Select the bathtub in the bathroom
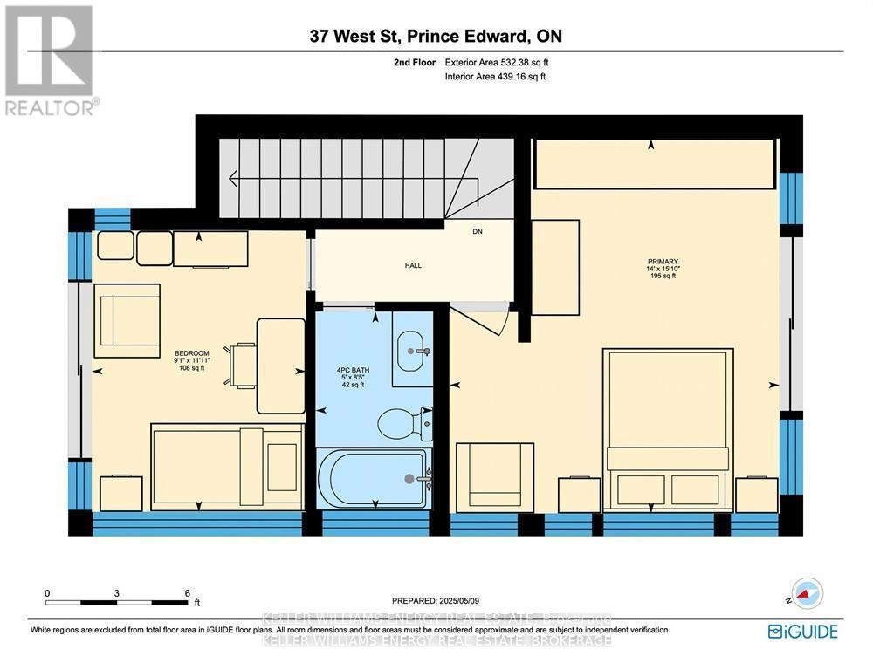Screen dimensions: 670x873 coord(375,478)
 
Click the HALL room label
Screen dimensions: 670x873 coord(413,265)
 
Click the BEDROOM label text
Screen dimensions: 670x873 coord(191,353)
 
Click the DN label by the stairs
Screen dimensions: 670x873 coord(478,232)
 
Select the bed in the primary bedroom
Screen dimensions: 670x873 coord(668,427)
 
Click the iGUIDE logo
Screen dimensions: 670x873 coord(802,631)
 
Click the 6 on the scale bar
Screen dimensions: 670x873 coord(188,593)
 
